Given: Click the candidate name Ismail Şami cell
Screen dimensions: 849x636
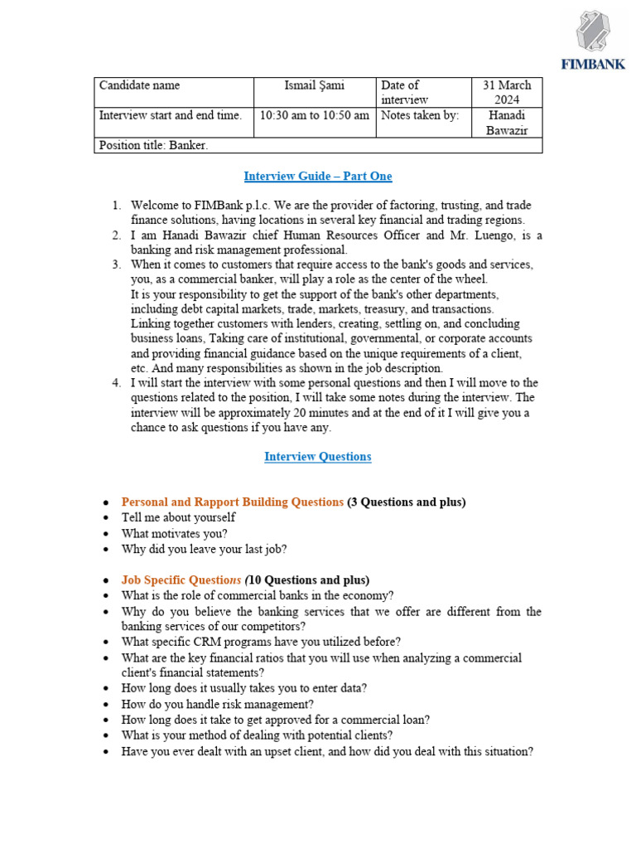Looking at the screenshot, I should [314, 85].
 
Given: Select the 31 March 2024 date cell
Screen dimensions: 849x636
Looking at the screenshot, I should [507, 92].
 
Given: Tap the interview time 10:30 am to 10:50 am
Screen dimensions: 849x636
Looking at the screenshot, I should [314, 116].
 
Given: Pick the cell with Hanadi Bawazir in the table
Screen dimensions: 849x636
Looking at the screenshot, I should [507, 123].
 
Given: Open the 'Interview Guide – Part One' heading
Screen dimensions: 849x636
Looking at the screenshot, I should [318, 177].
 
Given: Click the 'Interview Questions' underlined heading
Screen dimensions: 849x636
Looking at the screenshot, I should [318, 457].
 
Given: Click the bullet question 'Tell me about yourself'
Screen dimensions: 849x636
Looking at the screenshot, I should [178, 517].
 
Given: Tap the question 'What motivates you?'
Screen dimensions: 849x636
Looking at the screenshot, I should [174, 533].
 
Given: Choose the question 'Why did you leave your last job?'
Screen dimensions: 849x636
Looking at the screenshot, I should [205, 549].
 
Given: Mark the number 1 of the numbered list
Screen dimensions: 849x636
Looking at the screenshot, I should [116, 205].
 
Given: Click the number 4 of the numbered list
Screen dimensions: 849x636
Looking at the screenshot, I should [116, 383].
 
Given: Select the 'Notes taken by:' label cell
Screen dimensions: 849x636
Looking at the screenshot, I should [420, 116].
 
